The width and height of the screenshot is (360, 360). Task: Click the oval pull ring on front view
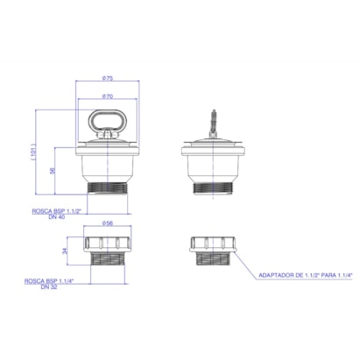(x=106, y=111)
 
